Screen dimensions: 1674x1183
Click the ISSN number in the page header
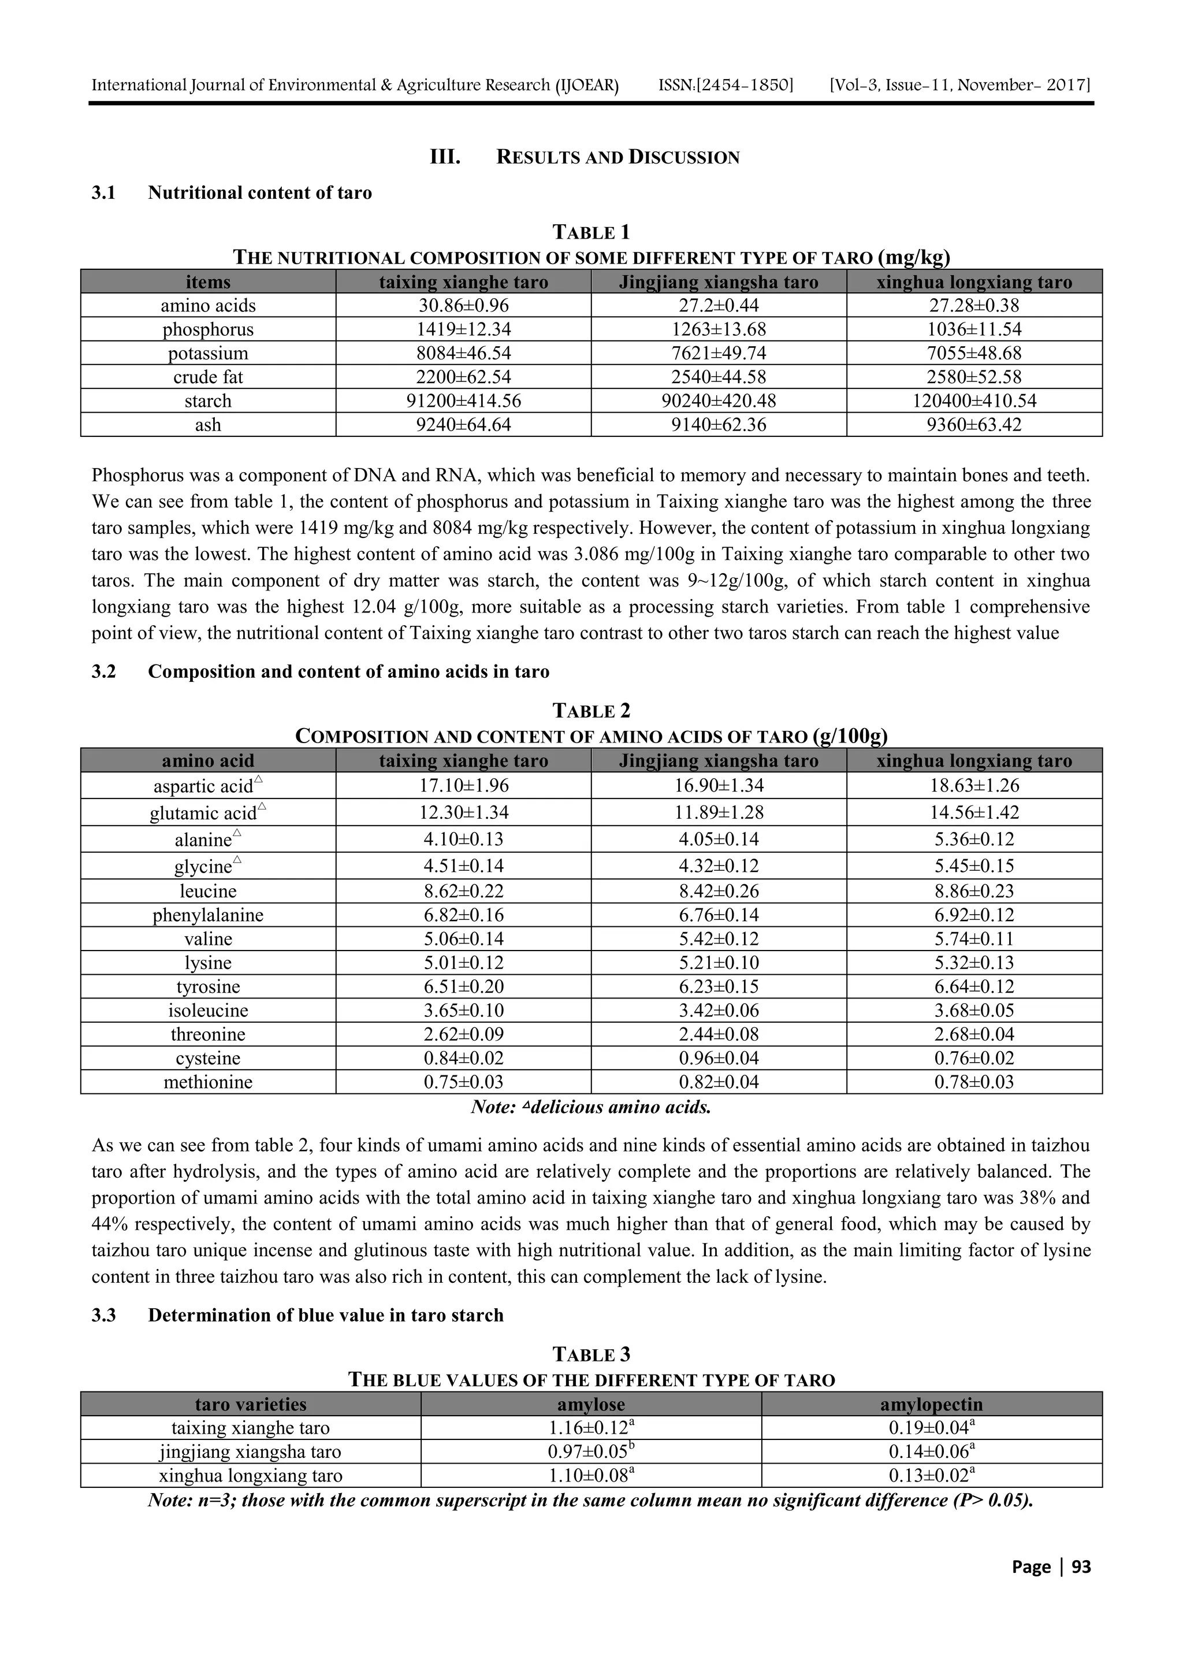click(x=726, y=86)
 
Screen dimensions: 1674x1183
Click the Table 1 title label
click(x=591, y=233)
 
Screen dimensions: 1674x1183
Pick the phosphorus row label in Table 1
click(x=208, y=329)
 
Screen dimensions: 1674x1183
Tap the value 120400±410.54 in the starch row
click(x=974, y=401)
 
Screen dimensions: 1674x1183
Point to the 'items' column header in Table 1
click(x=208, y=282)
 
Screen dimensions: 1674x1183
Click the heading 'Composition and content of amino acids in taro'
click(x=348, y=671)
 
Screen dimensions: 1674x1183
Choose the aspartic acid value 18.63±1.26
click(x=974, y=786)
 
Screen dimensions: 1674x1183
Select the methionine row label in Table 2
click(x=208, y=1082)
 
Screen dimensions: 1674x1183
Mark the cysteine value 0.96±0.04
click(x=718, y=1058)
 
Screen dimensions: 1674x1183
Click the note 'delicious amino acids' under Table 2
click(x=591, y=1108)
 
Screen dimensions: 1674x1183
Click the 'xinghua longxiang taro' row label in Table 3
click(x=251, y=1476)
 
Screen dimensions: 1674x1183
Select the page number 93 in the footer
click(x=1080, y=1567)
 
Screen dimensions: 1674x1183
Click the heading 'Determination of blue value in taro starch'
click(x=325, y=1315)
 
